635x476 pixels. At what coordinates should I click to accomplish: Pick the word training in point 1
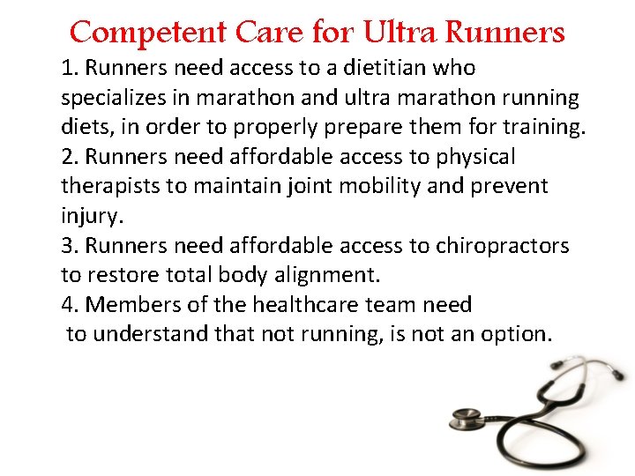click(542, 127)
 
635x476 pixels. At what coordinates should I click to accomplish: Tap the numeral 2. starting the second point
click(71, 157)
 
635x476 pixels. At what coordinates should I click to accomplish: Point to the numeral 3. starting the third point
click(71, 246)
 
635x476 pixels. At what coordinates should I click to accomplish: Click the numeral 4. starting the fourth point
click(71, 305)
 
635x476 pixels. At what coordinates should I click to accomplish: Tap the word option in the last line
click(515, 335)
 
